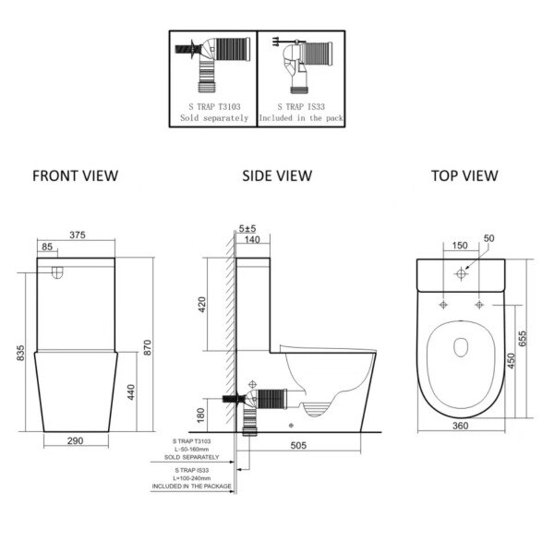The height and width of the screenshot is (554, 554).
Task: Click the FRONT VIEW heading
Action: tap(76, 176)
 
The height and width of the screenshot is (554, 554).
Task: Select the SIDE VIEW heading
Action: tap(277, 176)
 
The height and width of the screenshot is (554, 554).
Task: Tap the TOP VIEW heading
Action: tap(464, 176)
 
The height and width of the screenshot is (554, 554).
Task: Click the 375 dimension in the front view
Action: tap(78, 235)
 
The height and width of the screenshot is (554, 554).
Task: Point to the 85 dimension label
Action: tap(47, 247)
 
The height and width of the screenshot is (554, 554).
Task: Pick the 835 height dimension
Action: tap(21, 353)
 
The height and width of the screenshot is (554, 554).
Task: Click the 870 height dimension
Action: tap(148, 347)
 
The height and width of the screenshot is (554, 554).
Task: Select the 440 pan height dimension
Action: tap(131, 392)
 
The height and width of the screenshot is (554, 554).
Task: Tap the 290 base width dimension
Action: tap(76, 440)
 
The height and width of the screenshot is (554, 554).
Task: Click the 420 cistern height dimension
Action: tap(202, 305)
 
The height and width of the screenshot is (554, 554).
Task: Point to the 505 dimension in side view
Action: tap(298, 446)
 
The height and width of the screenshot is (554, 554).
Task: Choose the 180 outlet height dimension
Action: tap(200, 415)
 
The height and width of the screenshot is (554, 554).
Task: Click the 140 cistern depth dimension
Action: tap(252, 239)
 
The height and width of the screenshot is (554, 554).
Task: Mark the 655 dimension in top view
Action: tap(523, 339)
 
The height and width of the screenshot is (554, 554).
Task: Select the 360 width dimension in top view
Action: tap(461, 426)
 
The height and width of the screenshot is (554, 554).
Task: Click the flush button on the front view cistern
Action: tap(57, 272)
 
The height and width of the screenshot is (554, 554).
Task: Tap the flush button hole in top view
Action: tap(461, 273)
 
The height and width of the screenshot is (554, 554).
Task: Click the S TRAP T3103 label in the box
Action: tap(214, 107)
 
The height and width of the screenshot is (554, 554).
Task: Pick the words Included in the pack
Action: tap(301, 118)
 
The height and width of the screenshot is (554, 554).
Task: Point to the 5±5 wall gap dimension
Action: tap(247, 229)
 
